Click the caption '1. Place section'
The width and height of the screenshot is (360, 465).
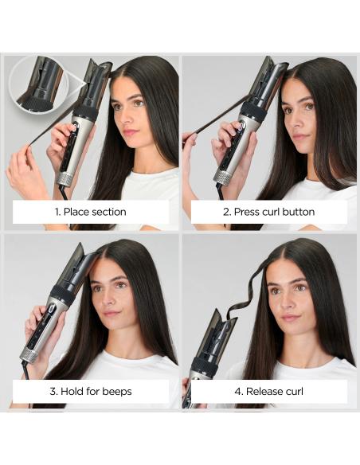[x=90, y=212]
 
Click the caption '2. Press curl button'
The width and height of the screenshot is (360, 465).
[x=268, y=212]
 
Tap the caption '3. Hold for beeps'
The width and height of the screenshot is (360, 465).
[x=90, y=391]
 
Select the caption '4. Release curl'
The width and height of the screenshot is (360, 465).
[x=268, y=391]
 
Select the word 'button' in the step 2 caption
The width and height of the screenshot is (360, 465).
[x=297, y=212]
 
